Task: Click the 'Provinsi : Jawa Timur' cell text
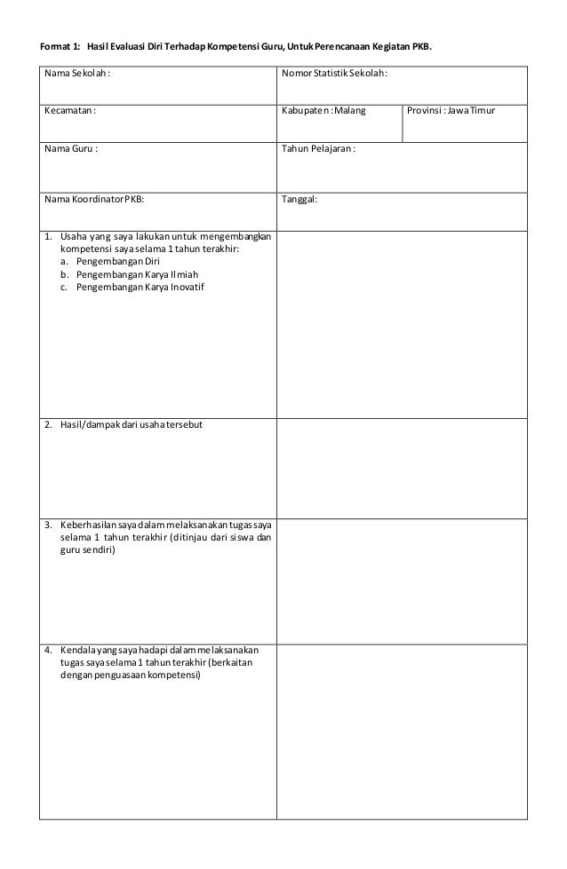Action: [452, 111]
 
